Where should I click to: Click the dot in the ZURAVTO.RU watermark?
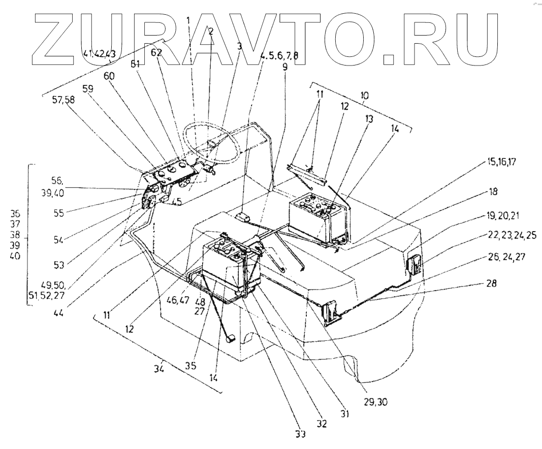[389, 59]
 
